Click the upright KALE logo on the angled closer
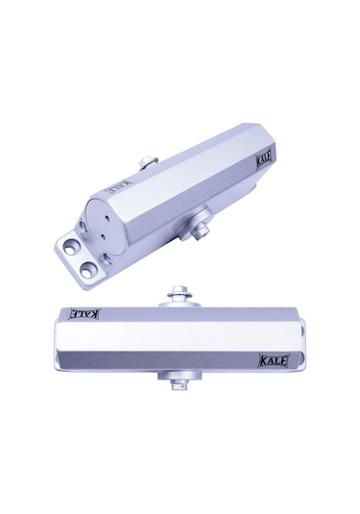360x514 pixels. [264, 161]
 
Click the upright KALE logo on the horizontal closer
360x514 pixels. [275, 360]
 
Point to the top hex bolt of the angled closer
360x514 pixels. [148, 162]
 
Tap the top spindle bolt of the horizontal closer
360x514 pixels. [180, 293]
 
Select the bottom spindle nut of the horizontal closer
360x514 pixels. [180, 385]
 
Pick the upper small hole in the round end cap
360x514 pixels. [108, 217]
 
